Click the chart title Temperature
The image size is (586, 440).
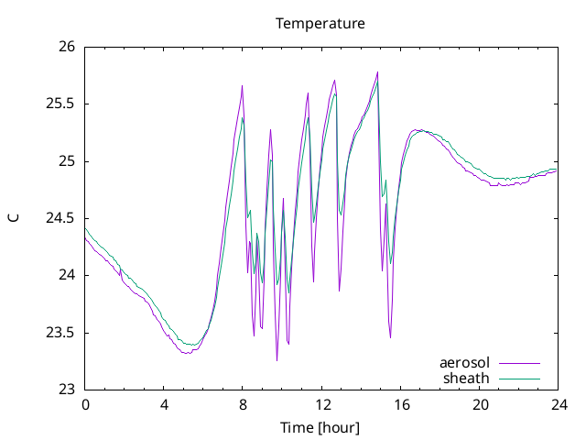(x=320, y=24)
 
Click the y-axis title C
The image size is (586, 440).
(x=14, y=218)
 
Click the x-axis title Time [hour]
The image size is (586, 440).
(x=320, y=428)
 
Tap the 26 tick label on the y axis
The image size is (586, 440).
(x=67, y=47)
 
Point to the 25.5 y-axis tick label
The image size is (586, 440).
(x=60, y=104)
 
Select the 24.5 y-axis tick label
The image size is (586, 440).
(x=60, y=218)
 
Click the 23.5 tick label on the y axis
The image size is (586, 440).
(x=60, y=333)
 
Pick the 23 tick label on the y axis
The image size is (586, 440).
(x=67, y=390)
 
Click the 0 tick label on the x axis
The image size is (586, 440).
(x=85, y=405)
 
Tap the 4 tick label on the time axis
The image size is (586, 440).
(x=164, y=405)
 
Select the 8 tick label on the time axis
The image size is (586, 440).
(x=243, y=405)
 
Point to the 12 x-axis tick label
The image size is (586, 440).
(x=321, y=405)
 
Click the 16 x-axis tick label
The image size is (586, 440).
(x=401, y=405)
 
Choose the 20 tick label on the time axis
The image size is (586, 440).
(x=480, y=405)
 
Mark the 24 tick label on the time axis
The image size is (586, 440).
(x=559, y=405)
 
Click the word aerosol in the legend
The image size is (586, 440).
(x=464, y=363)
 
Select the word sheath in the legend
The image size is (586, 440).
(x=466, y=379)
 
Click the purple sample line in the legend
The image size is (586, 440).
(x=519, y=363)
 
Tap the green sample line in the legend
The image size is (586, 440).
(x=519, y=379)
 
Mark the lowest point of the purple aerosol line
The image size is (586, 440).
(x=277, y=360)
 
